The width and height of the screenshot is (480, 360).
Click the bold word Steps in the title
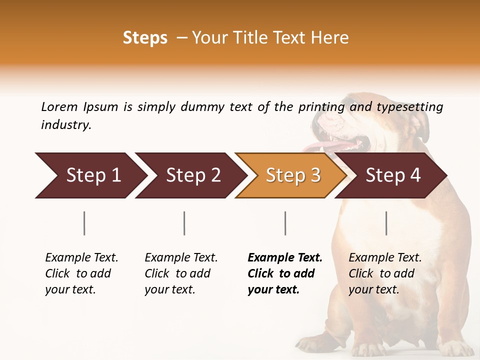(145, 38)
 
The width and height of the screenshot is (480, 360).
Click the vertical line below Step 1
(84, 223)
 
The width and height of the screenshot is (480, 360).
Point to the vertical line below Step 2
(184, 223)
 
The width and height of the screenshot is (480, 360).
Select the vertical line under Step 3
(285, 223)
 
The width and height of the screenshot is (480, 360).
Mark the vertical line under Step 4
(386, 223)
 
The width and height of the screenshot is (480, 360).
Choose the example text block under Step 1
(81, 273)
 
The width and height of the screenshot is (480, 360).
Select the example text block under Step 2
(181, 273)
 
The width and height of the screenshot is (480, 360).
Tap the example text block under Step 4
(385, 273)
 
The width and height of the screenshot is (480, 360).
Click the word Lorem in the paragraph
(59, 106)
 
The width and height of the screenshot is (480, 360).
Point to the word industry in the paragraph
(66, 125)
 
